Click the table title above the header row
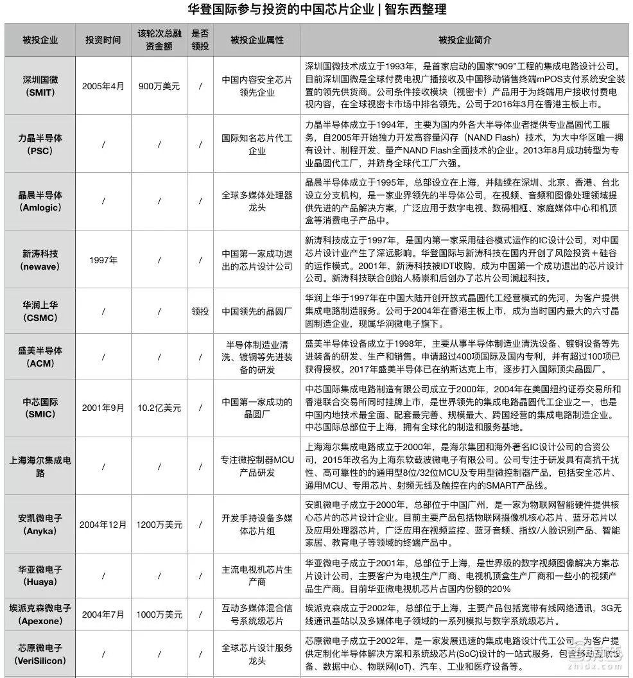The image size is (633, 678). (x=316, y=10)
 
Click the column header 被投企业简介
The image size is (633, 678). (x=465, y=40)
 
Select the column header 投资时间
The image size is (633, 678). (x=103, y=40)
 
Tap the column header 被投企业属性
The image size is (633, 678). (x=257, y=40)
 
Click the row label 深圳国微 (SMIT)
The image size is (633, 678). (x=40, y=86)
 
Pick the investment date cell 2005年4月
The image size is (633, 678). (x=103, y=86)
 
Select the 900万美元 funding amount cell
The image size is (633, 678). (x=159, y=86)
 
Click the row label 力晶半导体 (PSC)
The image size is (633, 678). (x=40, y=144)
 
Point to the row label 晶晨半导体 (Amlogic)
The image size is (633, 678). (x=40, y=202)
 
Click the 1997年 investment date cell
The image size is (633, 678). (x=103, y=260)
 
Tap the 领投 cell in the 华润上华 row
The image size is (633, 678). (x=200, y=311)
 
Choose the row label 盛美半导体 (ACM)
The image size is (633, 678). (x=40, y=357)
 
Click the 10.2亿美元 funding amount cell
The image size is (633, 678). (x=159, y=408)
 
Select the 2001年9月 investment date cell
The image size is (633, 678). (x=103, y=408)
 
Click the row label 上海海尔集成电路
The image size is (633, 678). (x=40, y=466)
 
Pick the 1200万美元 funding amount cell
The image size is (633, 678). (x=159, y=525)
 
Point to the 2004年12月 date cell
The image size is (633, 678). (x=103, y=525)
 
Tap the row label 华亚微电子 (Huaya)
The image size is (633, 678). (x=40, y=576)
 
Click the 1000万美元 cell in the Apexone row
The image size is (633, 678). (x=159, y=614)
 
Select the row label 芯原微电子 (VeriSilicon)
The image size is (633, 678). (x=40, y=654)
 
